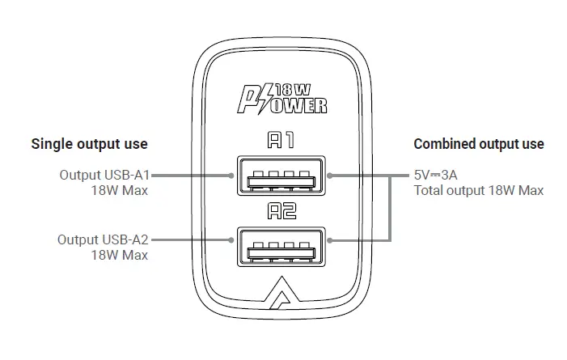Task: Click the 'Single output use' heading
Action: [x=89, y=145]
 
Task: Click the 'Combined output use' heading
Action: [x=479, y=145]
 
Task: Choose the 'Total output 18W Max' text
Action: [x=478, y=190]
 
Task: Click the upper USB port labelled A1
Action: [x=283, y=175]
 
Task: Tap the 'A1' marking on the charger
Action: [x=282, y=141]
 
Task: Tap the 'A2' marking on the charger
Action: [x=282, y=212]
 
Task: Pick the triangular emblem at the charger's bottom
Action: [x=283, y=296]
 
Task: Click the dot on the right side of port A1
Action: [x=332, y=174]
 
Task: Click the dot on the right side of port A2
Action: [x=332, y=239]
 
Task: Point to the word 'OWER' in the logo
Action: [x=301, y=105]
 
